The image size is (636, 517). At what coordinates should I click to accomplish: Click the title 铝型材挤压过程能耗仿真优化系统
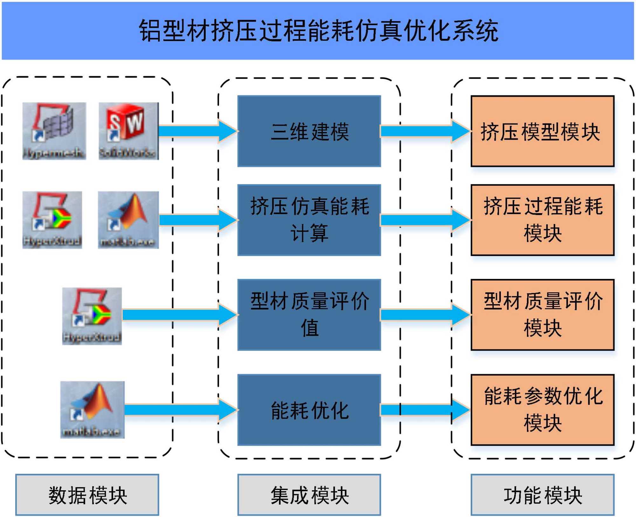318,31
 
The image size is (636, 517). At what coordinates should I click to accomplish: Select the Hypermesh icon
54,130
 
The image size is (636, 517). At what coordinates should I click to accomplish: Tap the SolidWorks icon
128,130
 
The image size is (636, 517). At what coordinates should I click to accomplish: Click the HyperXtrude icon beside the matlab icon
52,220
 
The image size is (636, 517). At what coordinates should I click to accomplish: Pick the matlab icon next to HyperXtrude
128,220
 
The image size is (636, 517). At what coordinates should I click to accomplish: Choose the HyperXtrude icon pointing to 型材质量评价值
92,316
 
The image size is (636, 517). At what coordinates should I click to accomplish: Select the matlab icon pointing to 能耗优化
92,409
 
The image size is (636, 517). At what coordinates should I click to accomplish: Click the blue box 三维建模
309,131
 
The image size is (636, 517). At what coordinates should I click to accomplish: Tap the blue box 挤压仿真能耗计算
309,220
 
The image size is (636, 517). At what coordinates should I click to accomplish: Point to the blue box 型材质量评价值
309,315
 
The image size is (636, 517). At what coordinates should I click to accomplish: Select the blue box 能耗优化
309,409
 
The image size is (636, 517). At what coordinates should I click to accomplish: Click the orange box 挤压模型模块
542,131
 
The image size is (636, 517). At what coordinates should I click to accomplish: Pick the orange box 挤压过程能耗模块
542,220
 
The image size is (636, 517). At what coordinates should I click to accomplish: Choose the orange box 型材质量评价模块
542,315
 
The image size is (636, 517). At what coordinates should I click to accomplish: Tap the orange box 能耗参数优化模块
542,409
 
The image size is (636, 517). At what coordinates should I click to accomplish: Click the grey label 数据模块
87,494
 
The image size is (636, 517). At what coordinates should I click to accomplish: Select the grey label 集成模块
309,494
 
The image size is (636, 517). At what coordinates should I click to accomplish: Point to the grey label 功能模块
542,494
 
